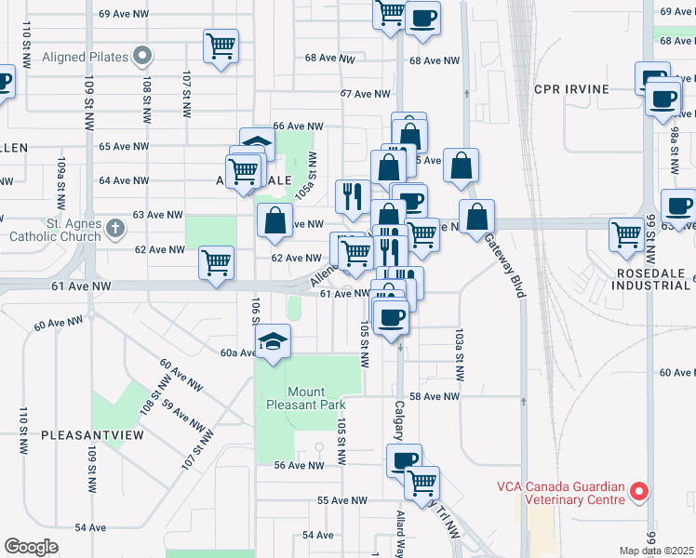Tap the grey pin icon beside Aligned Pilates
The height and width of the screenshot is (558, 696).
[x=142, y=58]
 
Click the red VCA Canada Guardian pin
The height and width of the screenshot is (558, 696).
[x=639, y=491]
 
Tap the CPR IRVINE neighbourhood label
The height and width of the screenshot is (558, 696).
[x=571, y=89]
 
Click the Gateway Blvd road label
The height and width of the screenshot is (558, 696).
[x=502, y=265]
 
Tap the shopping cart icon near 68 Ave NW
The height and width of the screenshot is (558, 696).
[x=221, y=45]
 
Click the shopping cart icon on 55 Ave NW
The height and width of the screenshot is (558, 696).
[x=422, y=482]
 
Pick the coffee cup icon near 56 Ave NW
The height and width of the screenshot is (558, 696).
[x=405, y=459]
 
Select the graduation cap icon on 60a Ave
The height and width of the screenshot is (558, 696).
[x=274, y=340]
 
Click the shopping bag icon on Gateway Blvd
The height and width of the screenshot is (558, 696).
[x=476, y=217]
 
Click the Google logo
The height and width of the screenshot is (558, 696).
[x=31, y=547]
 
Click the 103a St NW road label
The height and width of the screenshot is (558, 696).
[x=460, y=353]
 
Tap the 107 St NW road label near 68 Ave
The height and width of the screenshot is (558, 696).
[x=187, y=93]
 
